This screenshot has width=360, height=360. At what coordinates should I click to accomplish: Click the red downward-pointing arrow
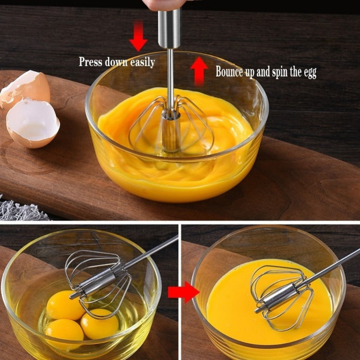coord(138,38)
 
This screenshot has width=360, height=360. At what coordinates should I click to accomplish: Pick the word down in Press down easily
coord(117,62)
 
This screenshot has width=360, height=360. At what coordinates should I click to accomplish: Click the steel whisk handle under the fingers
coord(169,29)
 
